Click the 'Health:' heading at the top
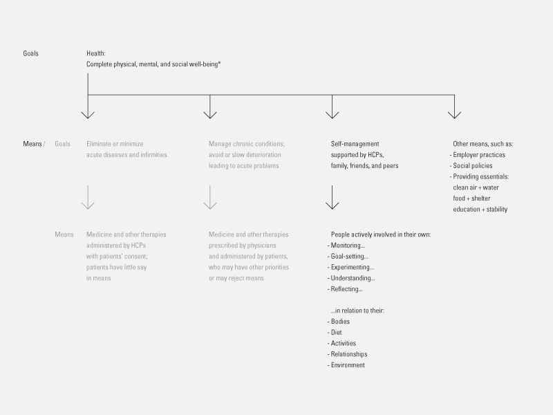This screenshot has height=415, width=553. coord(96,53)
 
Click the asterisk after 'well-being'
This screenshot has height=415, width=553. coord(219,64)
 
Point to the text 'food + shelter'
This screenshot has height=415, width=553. coord(471,199)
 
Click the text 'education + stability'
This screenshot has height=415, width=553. coord(480,210)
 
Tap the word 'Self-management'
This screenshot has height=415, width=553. coord(355,144)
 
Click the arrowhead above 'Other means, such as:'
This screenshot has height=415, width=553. coord(455,115)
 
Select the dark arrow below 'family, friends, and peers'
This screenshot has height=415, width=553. coord(332,197)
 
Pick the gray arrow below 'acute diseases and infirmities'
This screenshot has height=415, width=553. coord(88,197)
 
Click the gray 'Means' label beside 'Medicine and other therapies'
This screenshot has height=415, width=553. coord(64,234)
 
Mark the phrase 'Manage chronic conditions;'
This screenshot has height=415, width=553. coord(247,144)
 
